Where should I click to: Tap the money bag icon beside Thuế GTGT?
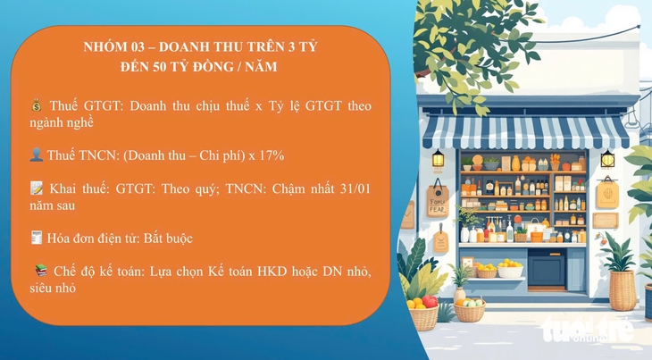click(x=35, y=106)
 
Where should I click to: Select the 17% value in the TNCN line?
click(x=272, y=155)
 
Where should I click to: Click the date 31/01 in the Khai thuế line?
click(x=352, y=189)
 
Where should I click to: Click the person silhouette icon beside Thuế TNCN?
click(x=35, y=155)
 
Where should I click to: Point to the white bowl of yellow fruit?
click(x=510, y=268)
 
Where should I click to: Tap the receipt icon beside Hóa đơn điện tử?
click(x=35, y=239)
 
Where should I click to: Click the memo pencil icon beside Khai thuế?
click(x=36, y=189)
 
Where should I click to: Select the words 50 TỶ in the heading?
click(x=182, y=66)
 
